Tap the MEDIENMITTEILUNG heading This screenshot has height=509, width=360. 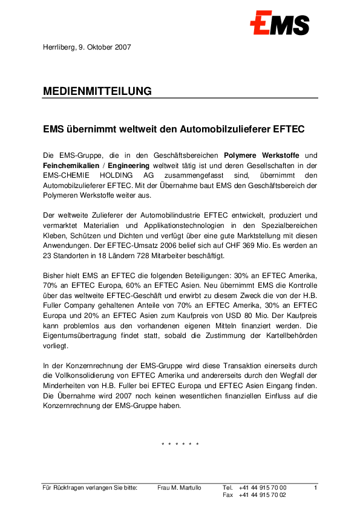click(x=97, y=91)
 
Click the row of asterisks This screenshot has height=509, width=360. click(x=180, y=445)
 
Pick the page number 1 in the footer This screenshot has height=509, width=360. click(x=316, y=487)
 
